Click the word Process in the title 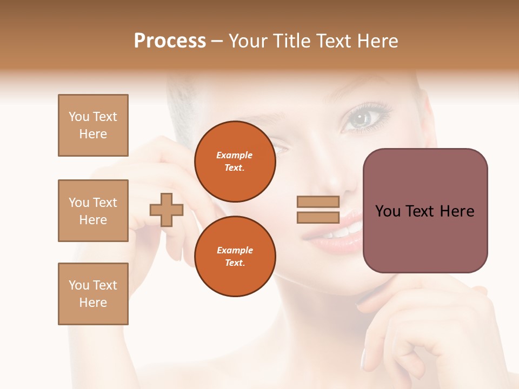click(170, 41)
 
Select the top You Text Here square click(93, 125)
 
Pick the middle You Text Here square click(93, 211)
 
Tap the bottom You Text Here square click(93, 294)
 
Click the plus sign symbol click(167, 210)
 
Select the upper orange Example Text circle click(235, 162)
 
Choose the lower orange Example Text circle click(235, 257)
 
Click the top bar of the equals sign click(318, 202)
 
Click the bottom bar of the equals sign click(318, 217)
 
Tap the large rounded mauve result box click(425, 211)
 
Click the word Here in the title click(377, 41)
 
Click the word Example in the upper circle click(235, 156)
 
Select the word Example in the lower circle click(235, 251)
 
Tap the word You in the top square click(79, 117)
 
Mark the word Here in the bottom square click(93, 303)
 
